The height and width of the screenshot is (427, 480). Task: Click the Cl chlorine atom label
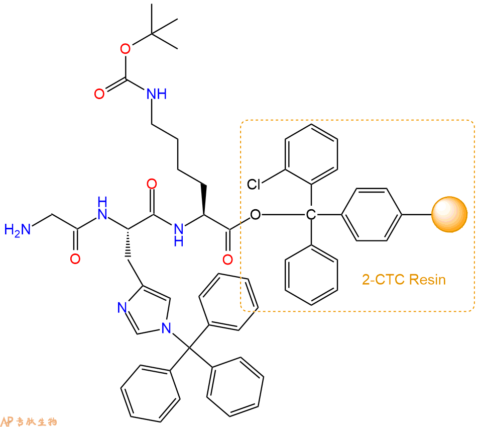coord(254,184)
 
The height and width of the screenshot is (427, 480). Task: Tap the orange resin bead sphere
coord(449,214)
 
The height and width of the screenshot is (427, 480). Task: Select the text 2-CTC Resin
coord(404,280)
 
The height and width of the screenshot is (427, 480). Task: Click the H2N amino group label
coord(18,229)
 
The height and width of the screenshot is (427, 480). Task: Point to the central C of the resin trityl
coord(311,215)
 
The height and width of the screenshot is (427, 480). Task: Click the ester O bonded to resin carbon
coord(255,215)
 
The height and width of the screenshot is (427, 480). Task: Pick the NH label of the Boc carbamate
coord(157,94)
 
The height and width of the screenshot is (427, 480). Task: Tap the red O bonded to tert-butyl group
coord(125,49)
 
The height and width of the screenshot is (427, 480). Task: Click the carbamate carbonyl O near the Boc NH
coord(99,94)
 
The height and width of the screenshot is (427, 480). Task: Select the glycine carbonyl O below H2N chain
coord(75,259)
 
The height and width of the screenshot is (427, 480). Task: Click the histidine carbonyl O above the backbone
coord(152,184)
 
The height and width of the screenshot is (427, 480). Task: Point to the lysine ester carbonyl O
coord(227,260)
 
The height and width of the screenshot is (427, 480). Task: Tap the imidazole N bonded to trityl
coord(166,328)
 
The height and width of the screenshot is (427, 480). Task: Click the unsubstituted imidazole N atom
coord(122,307)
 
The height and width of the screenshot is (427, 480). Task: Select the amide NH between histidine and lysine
coord(178,234)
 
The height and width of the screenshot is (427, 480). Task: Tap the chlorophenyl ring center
coord(311,154)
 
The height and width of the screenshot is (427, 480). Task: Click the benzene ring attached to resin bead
coord(372,215)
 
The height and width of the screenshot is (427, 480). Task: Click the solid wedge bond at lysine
coord(203,200)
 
